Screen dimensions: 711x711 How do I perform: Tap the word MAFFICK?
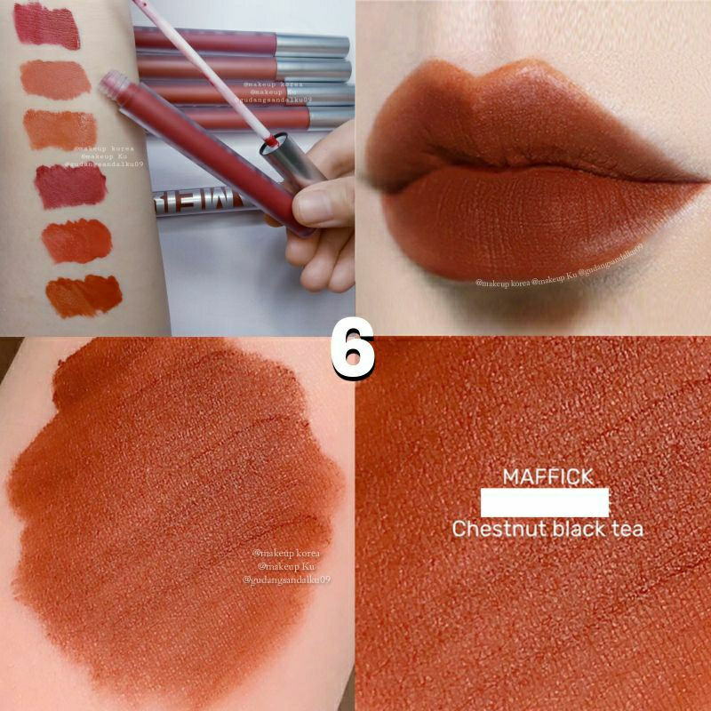(x=547, y=477)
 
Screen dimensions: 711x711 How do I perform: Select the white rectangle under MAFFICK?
(x=544, y=503)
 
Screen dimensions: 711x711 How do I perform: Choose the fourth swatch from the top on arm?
(x=71, y=186)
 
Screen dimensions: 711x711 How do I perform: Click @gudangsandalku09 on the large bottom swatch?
(x=286, y=579)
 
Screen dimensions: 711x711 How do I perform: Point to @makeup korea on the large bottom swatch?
(x=286, y=552)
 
